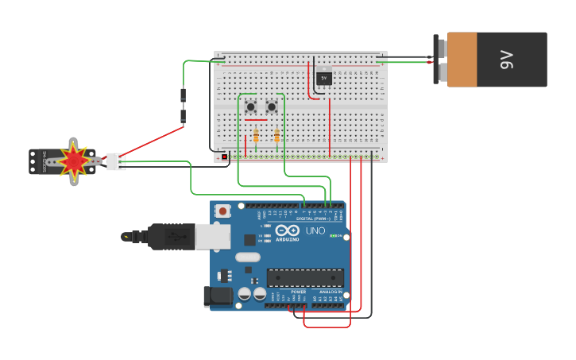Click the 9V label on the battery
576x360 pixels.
[x=507, y=60]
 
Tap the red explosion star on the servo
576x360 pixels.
[x=74, y=161]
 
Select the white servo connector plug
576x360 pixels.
[x=116, y=161]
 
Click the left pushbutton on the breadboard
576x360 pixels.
[x=251, y=106]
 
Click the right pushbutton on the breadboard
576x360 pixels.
[x=272, y=106]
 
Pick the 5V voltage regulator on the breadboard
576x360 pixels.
[x=323, y=78]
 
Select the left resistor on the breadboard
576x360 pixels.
[x=256, y=136]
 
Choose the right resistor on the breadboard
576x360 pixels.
[x=276, y=136]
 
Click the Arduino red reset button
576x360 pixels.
[x=223, y=211]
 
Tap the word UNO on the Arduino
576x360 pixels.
[x=315, y=231]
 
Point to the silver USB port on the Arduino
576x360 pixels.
[x=212, y=236]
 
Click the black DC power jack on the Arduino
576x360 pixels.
[x=218, y=296]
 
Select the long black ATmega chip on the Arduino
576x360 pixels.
[x=305, y=277]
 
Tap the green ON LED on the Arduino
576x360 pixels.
[x=335, y=236]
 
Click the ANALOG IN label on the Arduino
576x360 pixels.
[x=331, y=292]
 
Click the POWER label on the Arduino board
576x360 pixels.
[x=298, y=292]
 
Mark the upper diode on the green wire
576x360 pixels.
[x=184, y=96]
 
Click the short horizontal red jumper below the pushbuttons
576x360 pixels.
[x=256, y=120]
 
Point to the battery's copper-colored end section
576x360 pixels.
[x=462, y=60]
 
